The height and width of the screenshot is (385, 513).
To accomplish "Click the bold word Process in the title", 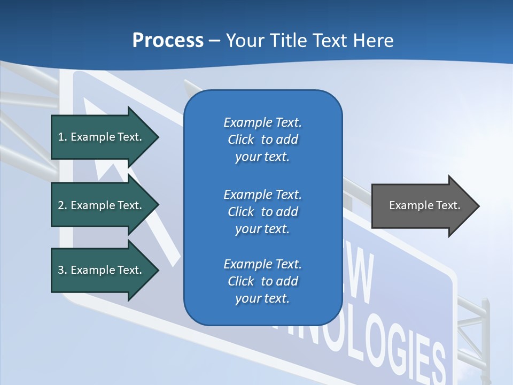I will pos(168,41).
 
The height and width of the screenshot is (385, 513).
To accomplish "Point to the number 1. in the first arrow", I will pos(63,137).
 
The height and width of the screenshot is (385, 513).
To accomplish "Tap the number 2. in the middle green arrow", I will pos(63,205).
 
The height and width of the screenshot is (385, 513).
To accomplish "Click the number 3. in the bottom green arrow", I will pos(63,270).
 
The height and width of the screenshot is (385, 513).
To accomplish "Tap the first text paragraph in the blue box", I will pos(262,140).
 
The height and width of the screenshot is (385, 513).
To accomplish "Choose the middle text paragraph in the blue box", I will pos(262,212).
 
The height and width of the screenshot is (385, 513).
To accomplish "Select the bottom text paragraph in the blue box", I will pos(262,281).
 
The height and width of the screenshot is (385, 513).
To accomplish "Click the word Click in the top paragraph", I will pos(241,140).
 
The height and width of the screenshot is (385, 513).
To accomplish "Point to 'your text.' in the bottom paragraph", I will pos(262,298).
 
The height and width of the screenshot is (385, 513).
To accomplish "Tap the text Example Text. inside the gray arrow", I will pos(425,205).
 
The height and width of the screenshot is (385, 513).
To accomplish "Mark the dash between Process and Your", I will pos(214,41).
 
